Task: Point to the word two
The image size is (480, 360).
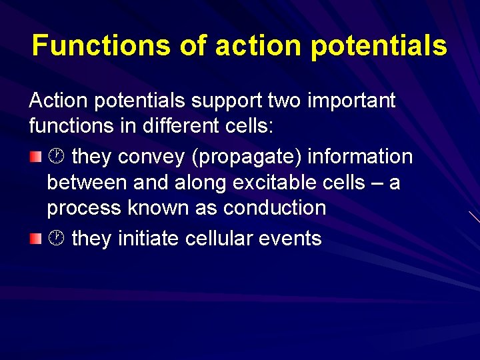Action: (x=284, y=101)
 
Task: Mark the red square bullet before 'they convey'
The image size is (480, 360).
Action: (x=35, y=157)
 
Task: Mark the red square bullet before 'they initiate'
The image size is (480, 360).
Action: (x=35, y=238)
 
